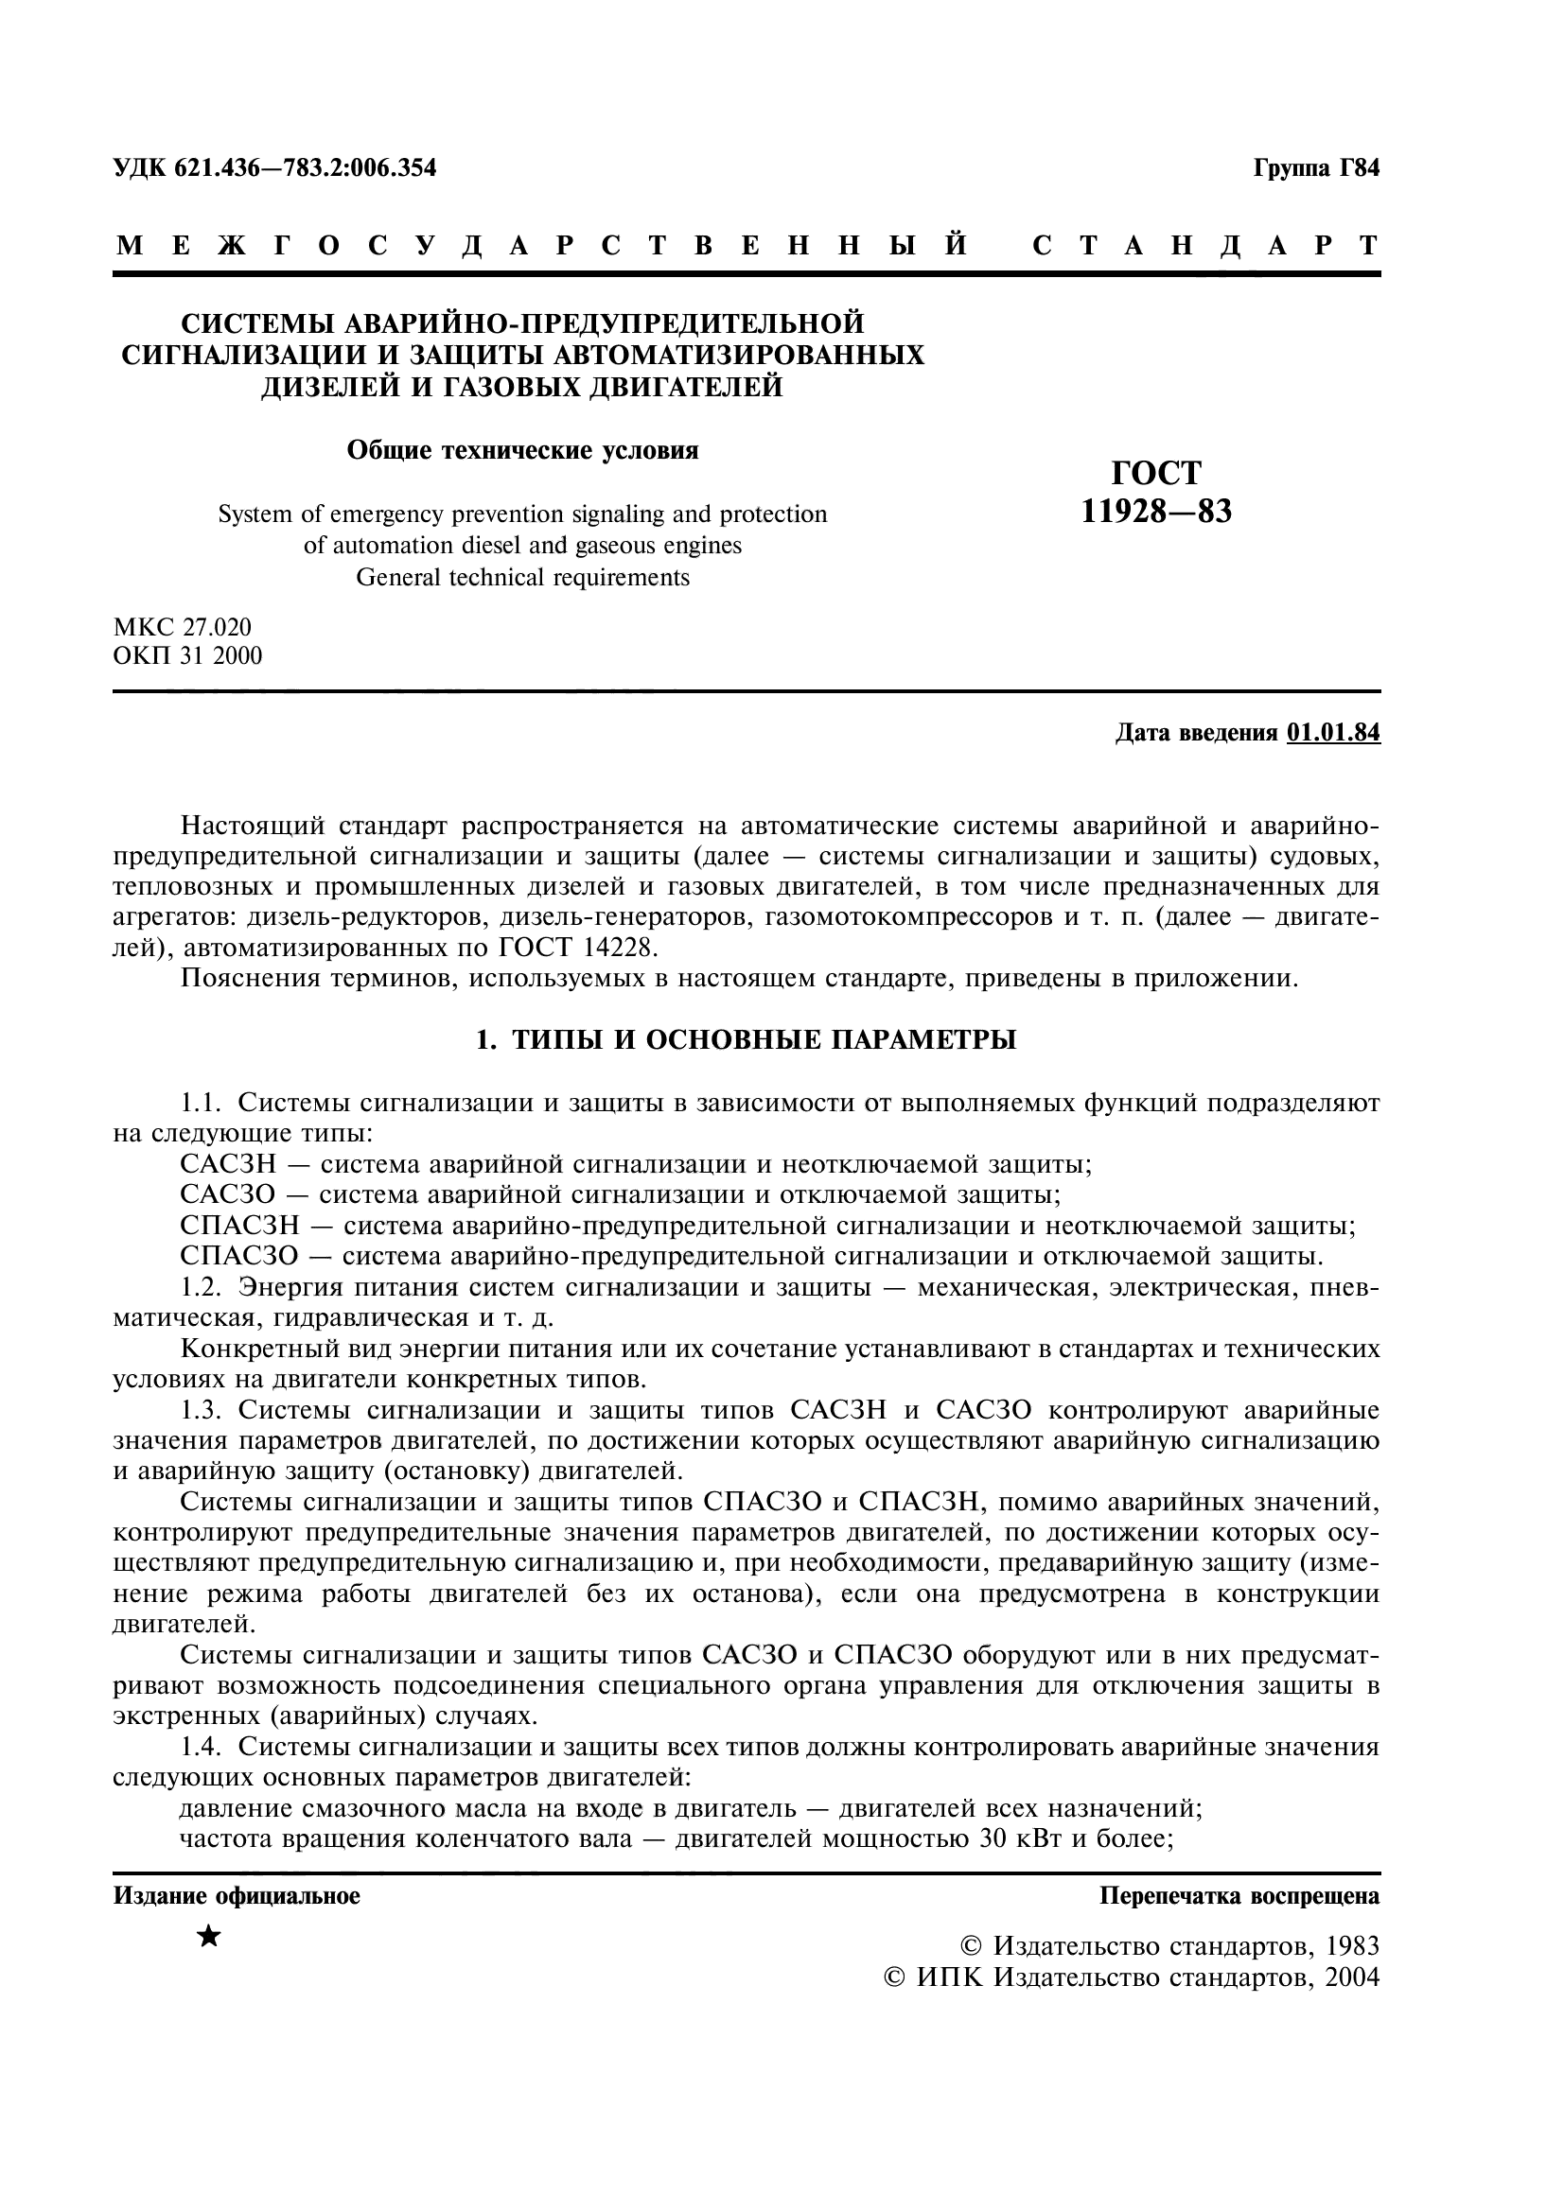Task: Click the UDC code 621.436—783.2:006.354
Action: tap(306, 168)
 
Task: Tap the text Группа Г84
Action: tap(1316, 168)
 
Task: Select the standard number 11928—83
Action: tap(1156, 512)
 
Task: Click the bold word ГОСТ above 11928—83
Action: tap(1156, 473)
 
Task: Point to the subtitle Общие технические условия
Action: tap(522, 450)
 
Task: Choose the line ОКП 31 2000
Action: tap(188, 656)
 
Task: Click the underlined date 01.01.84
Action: tap(1333, 733)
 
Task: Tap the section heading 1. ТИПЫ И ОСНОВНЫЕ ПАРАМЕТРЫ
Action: tap(747, 1040)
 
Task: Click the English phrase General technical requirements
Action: tap(522, 577)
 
